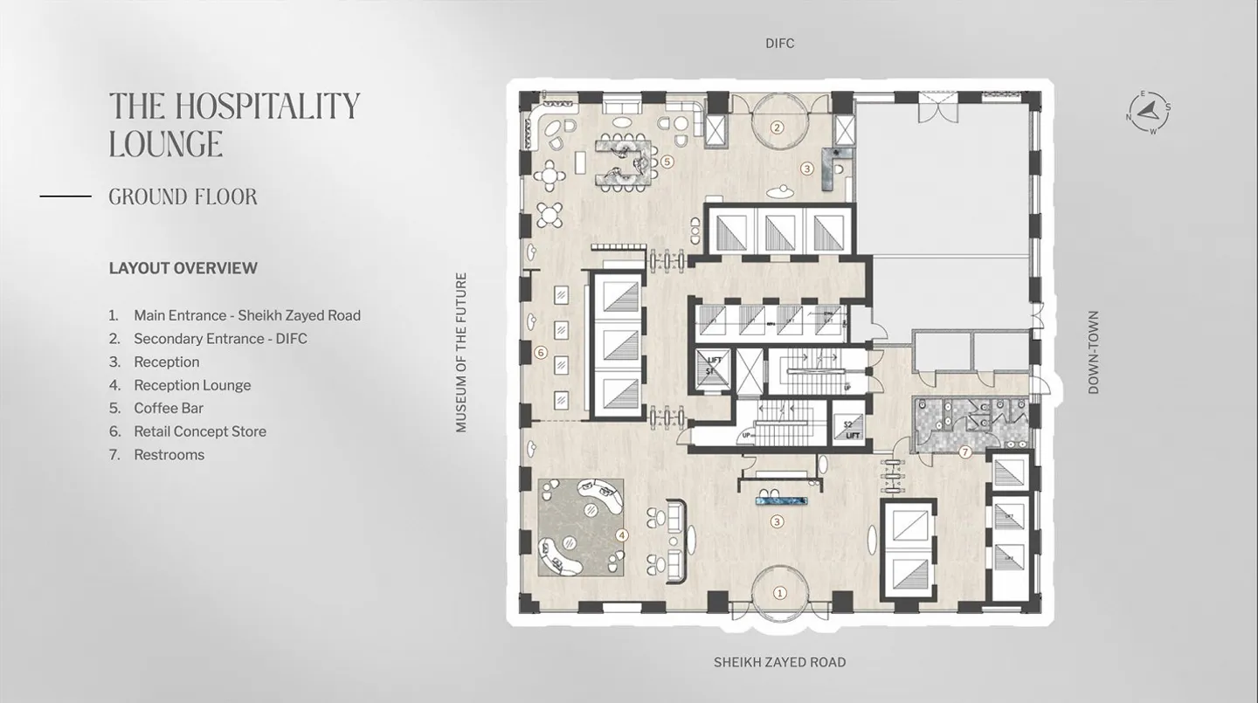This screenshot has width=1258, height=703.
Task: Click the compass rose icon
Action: pyautogui.click(x=1149, y=113)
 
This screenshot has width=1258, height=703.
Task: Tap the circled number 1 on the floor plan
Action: pyautogui.click(x=780, y=593)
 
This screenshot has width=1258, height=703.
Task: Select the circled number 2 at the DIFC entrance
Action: pyautogui.click(x=776, y=128)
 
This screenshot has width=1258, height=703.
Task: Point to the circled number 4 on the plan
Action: pyautogui.click(x=622, y=534)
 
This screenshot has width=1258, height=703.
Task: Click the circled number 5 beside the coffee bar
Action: pyautogui.click(x=667, y=162)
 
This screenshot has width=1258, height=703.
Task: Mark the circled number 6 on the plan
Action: pyautogui.click(x=540, y=353)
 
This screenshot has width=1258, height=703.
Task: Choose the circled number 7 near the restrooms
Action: pyautogui.click(x=965, y=452)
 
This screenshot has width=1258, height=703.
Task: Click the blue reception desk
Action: pyautogui.click(x=783, y=501)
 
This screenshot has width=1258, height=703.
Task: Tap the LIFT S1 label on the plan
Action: pyautogui.click(x=713, y=365)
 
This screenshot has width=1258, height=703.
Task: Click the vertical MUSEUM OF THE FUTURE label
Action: pyautogui.click(x=461, y=352)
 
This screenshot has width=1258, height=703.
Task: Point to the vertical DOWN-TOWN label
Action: pyautogui.click(x=1093, y=352)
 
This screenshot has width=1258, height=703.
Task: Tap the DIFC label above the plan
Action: pyautogui.click(x=779, y=44)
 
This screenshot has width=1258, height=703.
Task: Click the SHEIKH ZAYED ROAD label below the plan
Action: pyautogui.click(x=779, y=662)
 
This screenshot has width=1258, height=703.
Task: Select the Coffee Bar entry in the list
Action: pyautogui.click(x=169, y=408)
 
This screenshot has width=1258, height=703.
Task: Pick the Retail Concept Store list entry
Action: pyautogui.click(x=199, y=431)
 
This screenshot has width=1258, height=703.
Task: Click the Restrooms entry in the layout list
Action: pyautogui.click(x=169, y=455)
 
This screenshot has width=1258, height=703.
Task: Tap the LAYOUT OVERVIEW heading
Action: pyautogui.click(x=183, y=268)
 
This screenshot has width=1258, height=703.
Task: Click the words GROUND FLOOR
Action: pyautogui.click(x=183, y=197)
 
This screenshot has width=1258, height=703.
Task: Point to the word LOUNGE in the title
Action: pyautogui.click(x=166, y=144)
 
